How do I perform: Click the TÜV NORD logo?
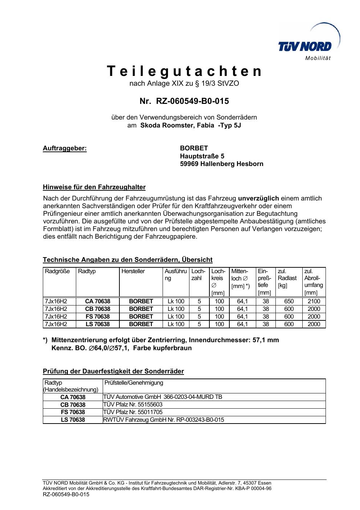click(x=305, y=46)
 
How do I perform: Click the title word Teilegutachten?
click(x=184, y=71)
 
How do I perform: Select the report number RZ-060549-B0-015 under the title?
click(x=192, y=101)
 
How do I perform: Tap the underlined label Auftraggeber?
click(x=65, y=148)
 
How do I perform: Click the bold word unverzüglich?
click(x=258, y=198)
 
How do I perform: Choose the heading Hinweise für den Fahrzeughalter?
click(x=94, y=187)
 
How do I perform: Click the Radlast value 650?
click(x=289, y=301)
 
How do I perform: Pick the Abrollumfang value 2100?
click(x=314, y=301)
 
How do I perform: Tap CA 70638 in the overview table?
click(x=98, y=301)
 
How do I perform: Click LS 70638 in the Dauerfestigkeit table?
click(x=73, y=420)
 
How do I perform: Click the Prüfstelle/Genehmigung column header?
click(x=134, y=382)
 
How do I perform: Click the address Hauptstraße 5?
click(x=202, y=156)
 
